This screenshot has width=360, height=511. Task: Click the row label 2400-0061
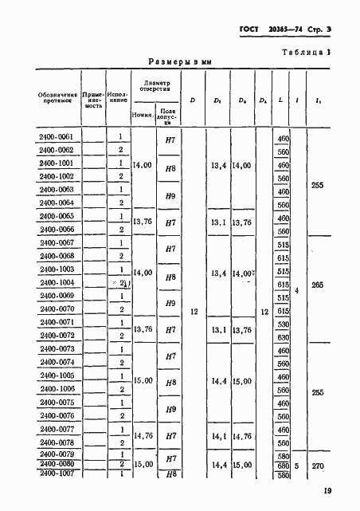pyautogui.click(x=56, y=137)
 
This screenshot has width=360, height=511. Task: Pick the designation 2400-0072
pyautogui.click(x=56, y=336)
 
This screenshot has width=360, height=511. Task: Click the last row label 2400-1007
pyautogui.click(x=56, y=474)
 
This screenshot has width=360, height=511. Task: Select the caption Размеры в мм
pyautogui.click(x=179, y=61)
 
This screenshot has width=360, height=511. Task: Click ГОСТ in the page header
pyautogui.click(x=250, y=30)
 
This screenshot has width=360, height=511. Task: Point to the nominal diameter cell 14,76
pyautogui.click(x=143, y=436)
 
